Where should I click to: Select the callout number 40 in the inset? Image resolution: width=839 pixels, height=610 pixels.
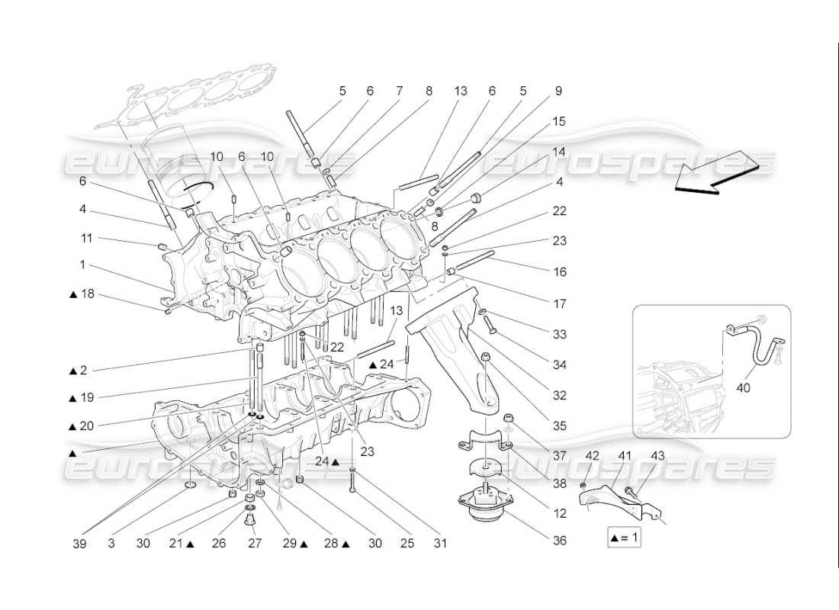(x=743, y=387)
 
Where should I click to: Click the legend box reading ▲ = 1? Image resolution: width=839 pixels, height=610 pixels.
(x=624, y=538)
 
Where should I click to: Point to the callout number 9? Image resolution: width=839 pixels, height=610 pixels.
(x=558, y=91)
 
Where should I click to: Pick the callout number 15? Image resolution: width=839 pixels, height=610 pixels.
(x=560, y=121)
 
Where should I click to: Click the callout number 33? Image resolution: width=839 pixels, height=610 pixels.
(x=560, y=334)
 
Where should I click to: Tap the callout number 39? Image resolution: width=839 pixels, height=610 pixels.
(x=80, y=544)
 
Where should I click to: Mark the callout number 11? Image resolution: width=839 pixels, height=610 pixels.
(x=88, y=238)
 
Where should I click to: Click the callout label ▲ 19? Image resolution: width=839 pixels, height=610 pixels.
(x=82, y=397)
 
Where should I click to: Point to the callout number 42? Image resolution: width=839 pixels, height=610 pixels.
(x=592, y=456)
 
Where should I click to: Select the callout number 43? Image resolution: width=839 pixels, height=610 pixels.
(x=658, y=456)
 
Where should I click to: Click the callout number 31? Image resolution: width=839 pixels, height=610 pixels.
(x=439, y=544)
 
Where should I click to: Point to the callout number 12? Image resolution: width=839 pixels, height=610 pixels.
(x=560, y=513)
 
